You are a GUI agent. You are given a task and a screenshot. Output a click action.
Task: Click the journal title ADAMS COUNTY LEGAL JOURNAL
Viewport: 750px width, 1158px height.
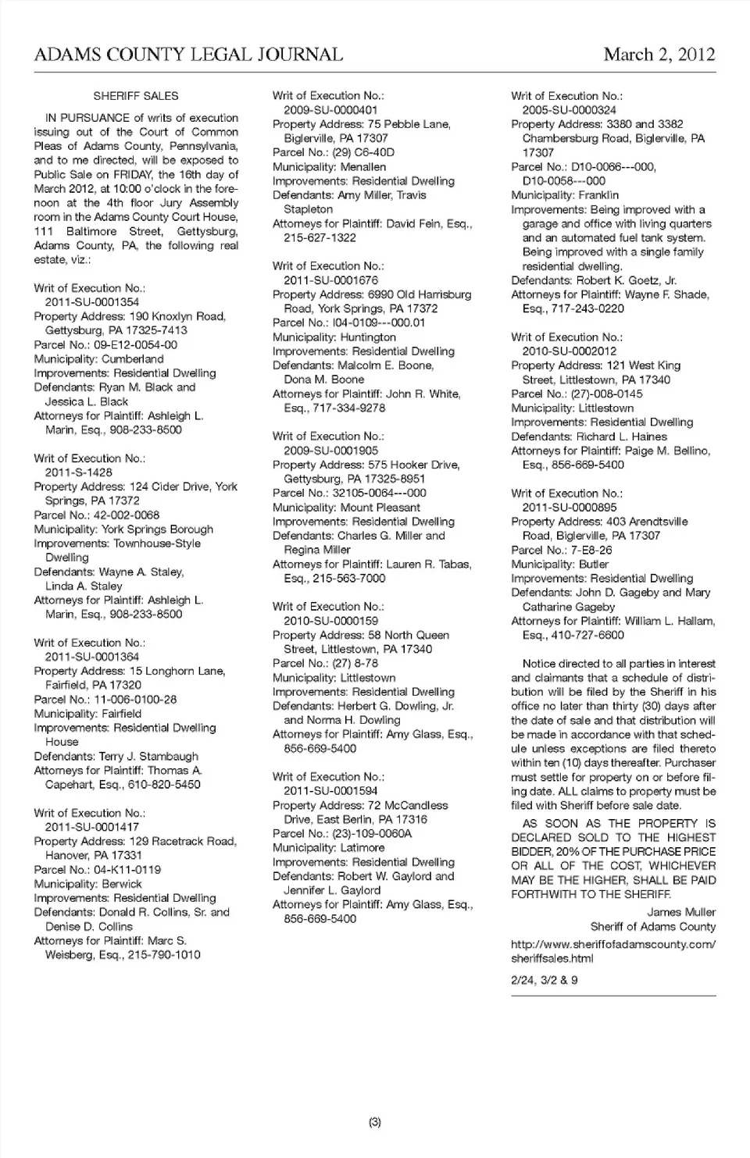point(188,55)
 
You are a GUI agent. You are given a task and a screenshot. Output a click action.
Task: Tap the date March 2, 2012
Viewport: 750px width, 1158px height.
point(659,55)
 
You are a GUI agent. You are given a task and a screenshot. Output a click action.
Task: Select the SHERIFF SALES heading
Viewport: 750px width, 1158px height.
point(136,96)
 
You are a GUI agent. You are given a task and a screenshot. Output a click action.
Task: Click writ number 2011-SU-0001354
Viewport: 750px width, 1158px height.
point(92,302)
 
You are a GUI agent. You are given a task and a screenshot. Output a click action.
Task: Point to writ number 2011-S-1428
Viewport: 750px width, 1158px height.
point(78,472)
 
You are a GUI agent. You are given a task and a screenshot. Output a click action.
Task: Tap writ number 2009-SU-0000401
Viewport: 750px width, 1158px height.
point(330,110)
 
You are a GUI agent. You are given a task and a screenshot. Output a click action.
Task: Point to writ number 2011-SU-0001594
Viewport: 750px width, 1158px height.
point(330,791)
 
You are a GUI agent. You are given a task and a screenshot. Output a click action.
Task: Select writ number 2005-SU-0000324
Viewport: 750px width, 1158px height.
point(569,110)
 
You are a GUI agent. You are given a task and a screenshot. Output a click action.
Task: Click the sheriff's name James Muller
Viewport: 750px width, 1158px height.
point(681,912)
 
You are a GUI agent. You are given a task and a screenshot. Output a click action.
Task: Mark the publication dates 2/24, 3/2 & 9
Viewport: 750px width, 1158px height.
point(545,980)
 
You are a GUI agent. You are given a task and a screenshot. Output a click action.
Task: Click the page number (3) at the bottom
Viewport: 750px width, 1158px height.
point(375,1123)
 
